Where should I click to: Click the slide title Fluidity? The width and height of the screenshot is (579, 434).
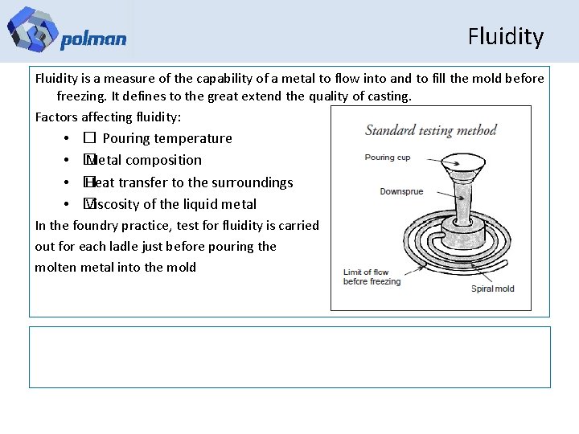pos(505,37)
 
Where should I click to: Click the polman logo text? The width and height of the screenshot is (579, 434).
pos(93,39)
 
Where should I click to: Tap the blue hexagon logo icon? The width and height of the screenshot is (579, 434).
pos(32,29)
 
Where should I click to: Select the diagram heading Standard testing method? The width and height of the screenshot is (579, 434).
pos(431,130)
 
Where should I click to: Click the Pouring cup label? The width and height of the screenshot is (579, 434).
pos(388,158)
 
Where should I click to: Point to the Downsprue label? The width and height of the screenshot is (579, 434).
pos(401,192)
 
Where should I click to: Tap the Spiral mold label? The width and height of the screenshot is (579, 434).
pos(492,289)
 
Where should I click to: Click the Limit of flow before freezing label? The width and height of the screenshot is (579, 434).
pos(372,276)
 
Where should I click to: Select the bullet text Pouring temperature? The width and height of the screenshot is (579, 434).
pos(167,138)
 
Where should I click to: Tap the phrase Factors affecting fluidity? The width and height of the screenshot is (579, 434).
pos(109,117)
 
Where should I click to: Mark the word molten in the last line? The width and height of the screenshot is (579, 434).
pos(55,268)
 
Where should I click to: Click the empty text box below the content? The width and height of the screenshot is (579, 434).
pos(289,357)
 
